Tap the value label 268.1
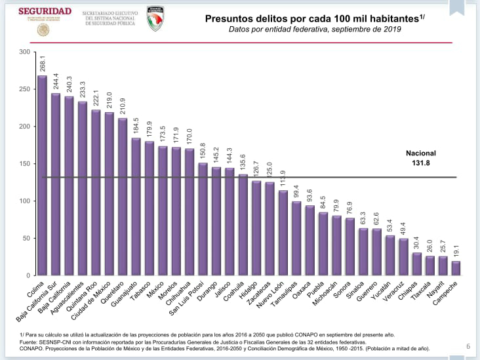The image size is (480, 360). point(42,64)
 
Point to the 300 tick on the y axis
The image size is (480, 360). point(24,52)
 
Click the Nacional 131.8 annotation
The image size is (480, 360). point(420,157)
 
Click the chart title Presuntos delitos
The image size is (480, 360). point(312,18)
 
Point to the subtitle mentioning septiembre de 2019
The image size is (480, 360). point(314,30)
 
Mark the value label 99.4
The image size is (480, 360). point(296,191)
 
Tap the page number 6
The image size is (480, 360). point(468,347)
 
